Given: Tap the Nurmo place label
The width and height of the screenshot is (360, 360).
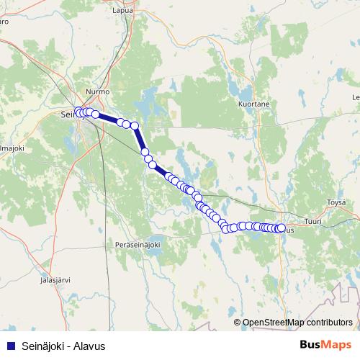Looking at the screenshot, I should [96, 93].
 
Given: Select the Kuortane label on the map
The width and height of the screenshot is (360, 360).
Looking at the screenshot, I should [253, 104].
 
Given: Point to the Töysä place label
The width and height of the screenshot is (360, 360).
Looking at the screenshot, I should [336, 202].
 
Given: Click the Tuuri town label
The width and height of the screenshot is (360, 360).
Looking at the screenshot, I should [313, 222].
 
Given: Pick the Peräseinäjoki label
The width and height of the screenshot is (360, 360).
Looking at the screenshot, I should [141, 246].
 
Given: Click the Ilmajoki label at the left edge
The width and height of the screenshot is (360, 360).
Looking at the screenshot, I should [12, 148].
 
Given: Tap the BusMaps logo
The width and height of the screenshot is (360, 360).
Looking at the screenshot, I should [326, 346].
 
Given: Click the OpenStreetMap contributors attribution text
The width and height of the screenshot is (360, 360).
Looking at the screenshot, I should [297, 323].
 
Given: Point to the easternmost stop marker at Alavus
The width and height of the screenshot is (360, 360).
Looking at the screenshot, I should [281, 228].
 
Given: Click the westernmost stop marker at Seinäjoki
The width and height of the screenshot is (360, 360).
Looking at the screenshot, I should [78, 112].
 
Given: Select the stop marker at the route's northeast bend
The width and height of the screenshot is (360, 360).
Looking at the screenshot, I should [134, 126].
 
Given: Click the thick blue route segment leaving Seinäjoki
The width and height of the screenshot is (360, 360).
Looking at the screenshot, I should [108, 119].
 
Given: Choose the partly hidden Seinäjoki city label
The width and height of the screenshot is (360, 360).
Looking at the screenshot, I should [68, 114].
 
